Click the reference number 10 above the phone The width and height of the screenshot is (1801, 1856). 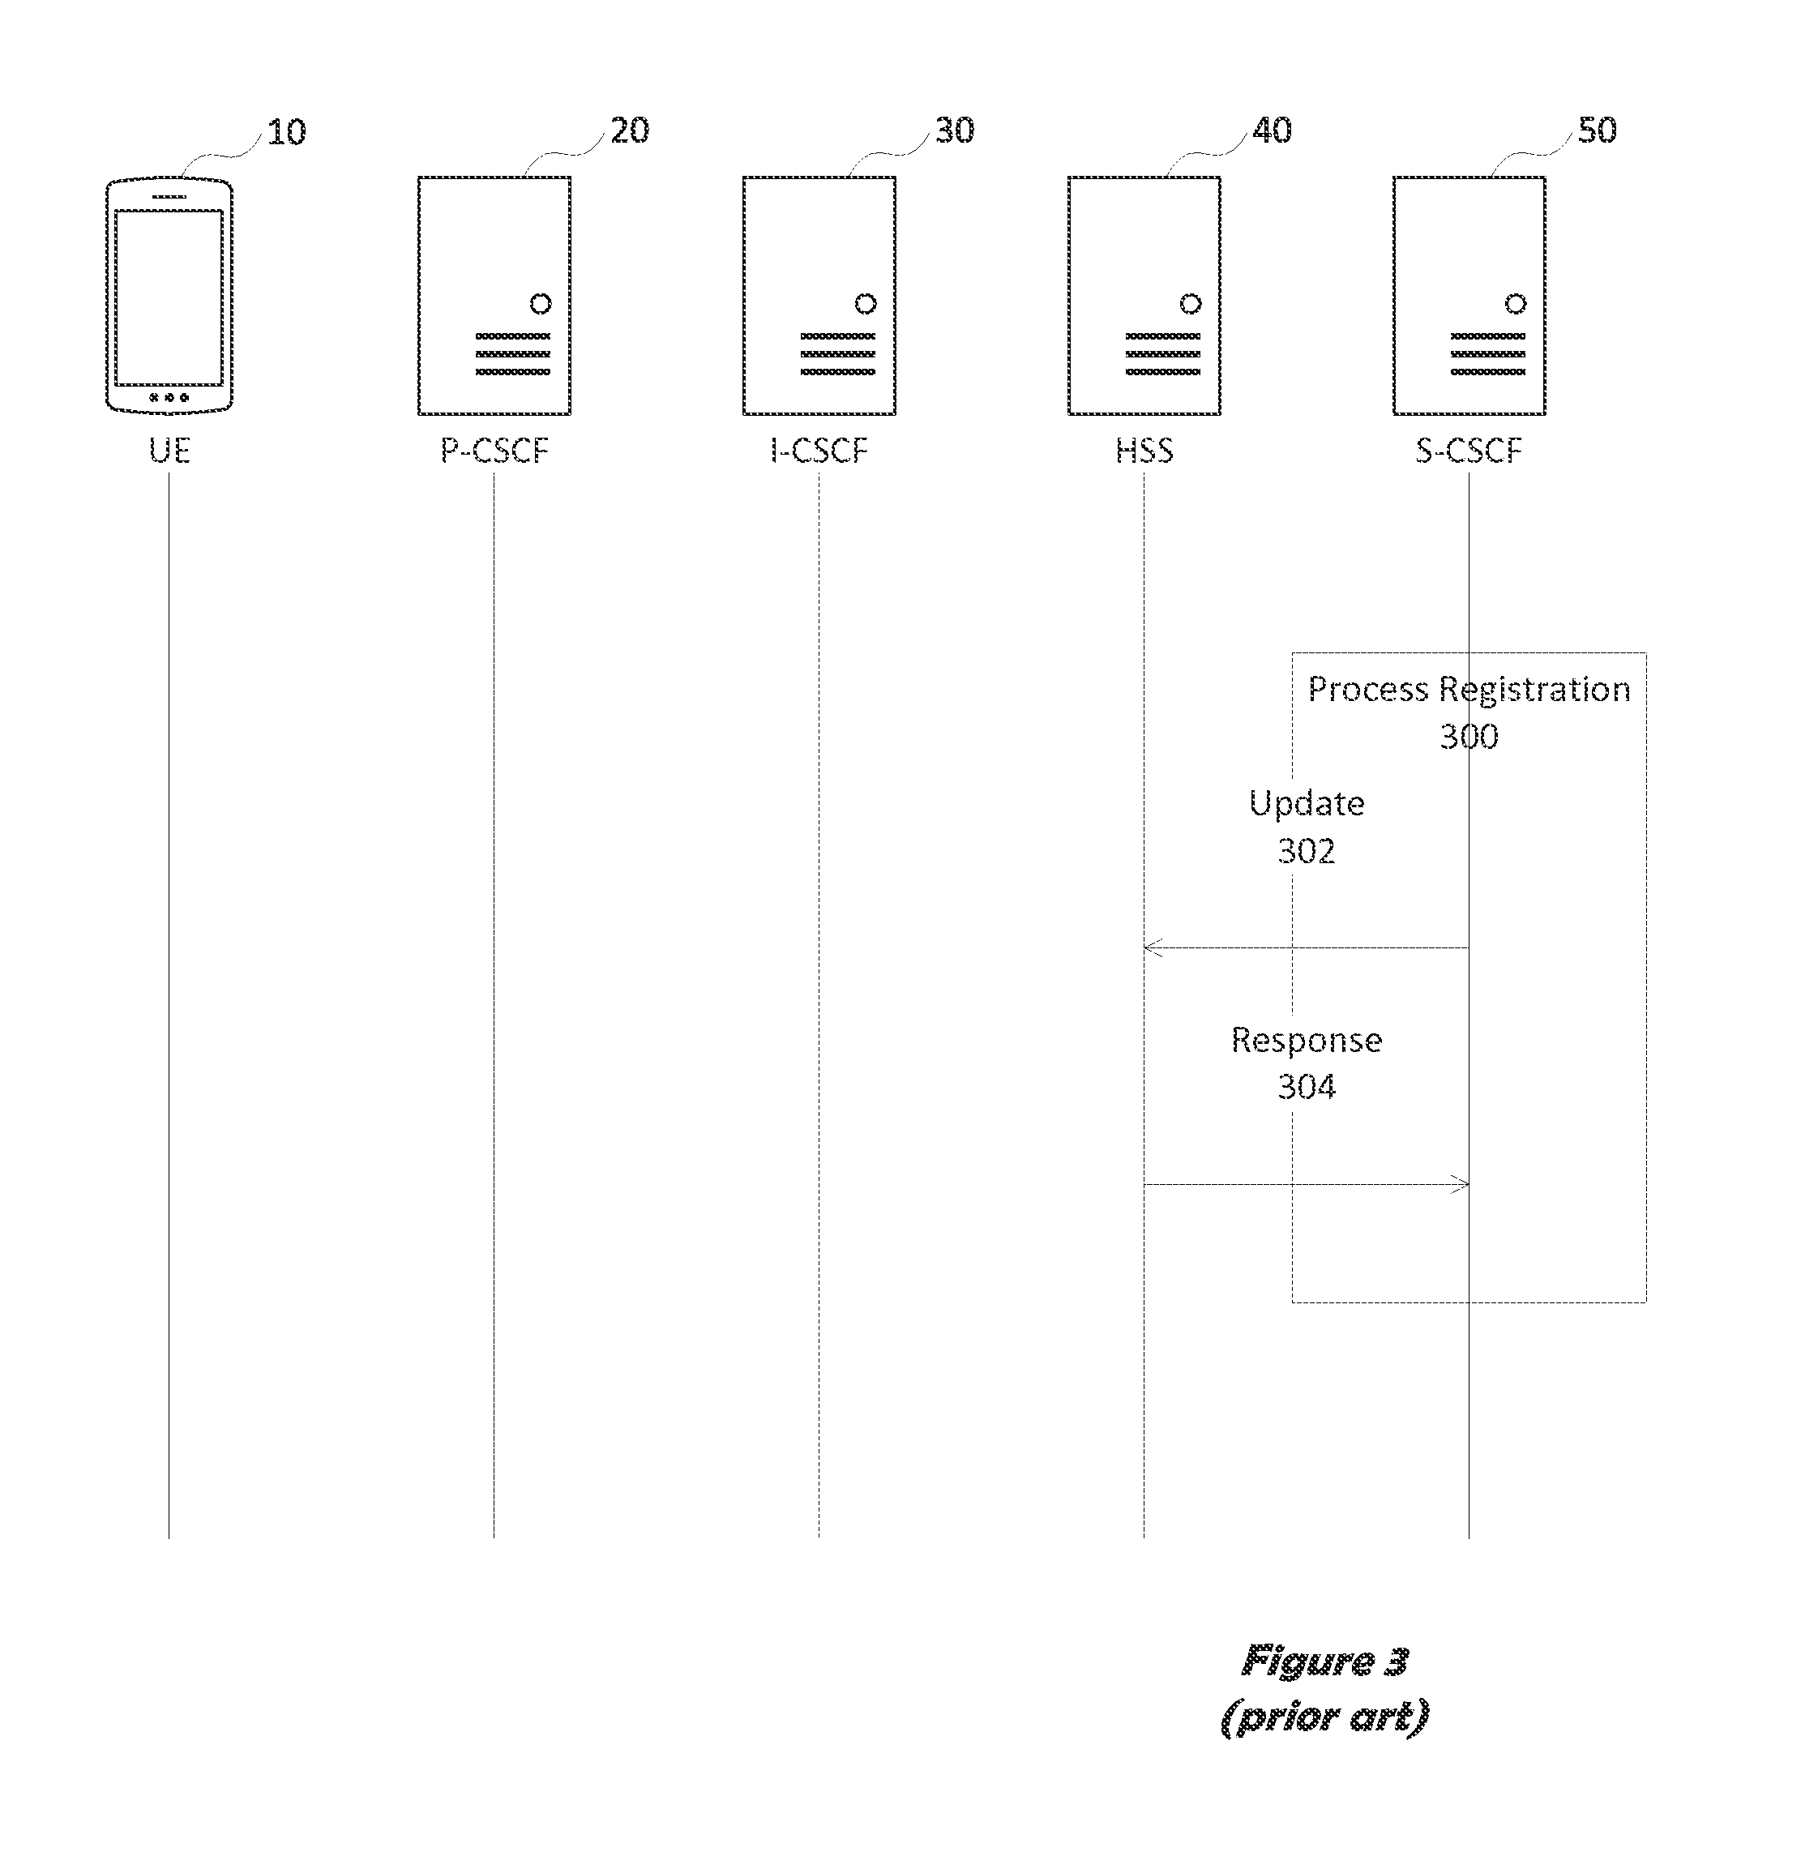(286, 131)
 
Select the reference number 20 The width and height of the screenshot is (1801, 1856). (630, 130)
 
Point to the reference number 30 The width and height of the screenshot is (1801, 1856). (955, 130)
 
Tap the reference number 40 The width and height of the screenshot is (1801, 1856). (1272, 130)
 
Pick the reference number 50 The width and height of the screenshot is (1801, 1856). (1598, 130)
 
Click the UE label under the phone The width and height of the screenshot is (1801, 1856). (169, 450)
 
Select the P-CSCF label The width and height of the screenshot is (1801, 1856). (494, 450)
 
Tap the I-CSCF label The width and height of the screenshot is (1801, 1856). (819, 450)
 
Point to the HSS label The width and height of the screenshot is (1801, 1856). (1144, 450)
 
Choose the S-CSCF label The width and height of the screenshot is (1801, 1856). (1469, 450)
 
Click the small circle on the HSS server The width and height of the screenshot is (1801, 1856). (1190, 304)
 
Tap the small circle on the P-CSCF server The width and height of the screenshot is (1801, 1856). (541, 304)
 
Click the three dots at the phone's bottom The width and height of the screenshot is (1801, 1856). (169, 398)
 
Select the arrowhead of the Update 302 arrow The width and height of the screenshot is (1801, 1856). (1150, 947)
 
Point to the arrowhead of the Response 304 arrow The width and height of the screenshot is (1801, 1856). (1462, 1183)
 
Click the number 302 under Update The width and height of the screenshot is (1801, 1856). (1307, 850)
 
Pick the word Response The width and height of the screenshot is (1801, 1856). (1307, 1040)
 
